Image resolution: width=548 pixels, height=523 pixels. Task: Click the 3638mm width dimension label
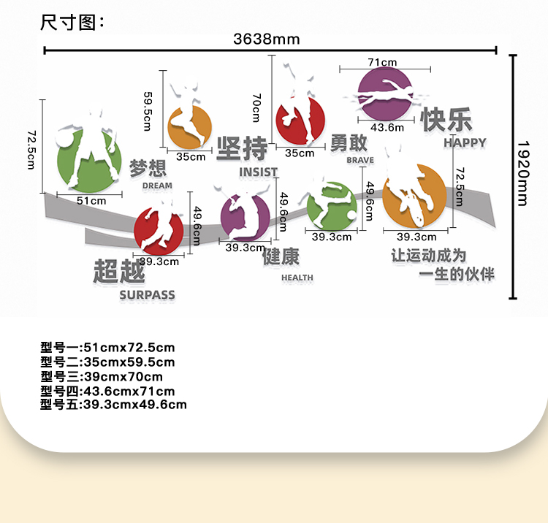tap(267, 39)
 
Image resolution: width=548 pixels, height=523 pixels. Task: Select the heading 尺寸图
tap(72, 22)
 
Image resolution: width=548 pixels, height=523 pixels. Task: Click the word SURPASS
tap(148, 295)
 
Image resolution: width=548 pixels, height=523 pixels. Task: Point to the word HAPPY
tap(465, 143)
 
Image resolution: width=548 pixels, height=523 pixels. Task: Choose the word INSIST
tap(258, 172)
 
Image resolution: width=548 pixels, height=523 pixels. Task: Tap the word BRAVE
tap(360, 160)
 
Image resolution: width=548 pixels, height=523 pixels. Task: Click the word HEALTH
tap(297, 278)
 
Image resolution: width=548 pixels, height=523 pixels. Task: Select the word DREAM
tap(158, 186)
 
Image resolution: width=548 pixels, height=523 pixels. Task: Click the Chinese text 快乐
tap(446, 121)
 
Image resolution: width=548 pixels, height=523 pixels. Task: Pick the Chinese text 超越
tap(119, 272)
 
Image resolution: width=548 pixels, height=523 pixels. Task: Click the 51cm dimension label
tap(91, 200)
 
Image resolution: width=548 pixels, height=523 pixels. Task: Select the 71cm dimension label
tap(382, 62)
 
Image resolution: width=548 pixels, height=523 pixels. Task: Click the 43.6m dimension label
tap(387, 127)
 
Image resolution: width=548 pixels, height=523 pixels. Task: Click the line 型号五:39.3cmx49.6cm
tap(113, 405)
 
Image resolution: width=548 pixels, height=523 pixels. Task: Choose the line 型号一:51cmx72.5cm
tap(107, 348)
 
